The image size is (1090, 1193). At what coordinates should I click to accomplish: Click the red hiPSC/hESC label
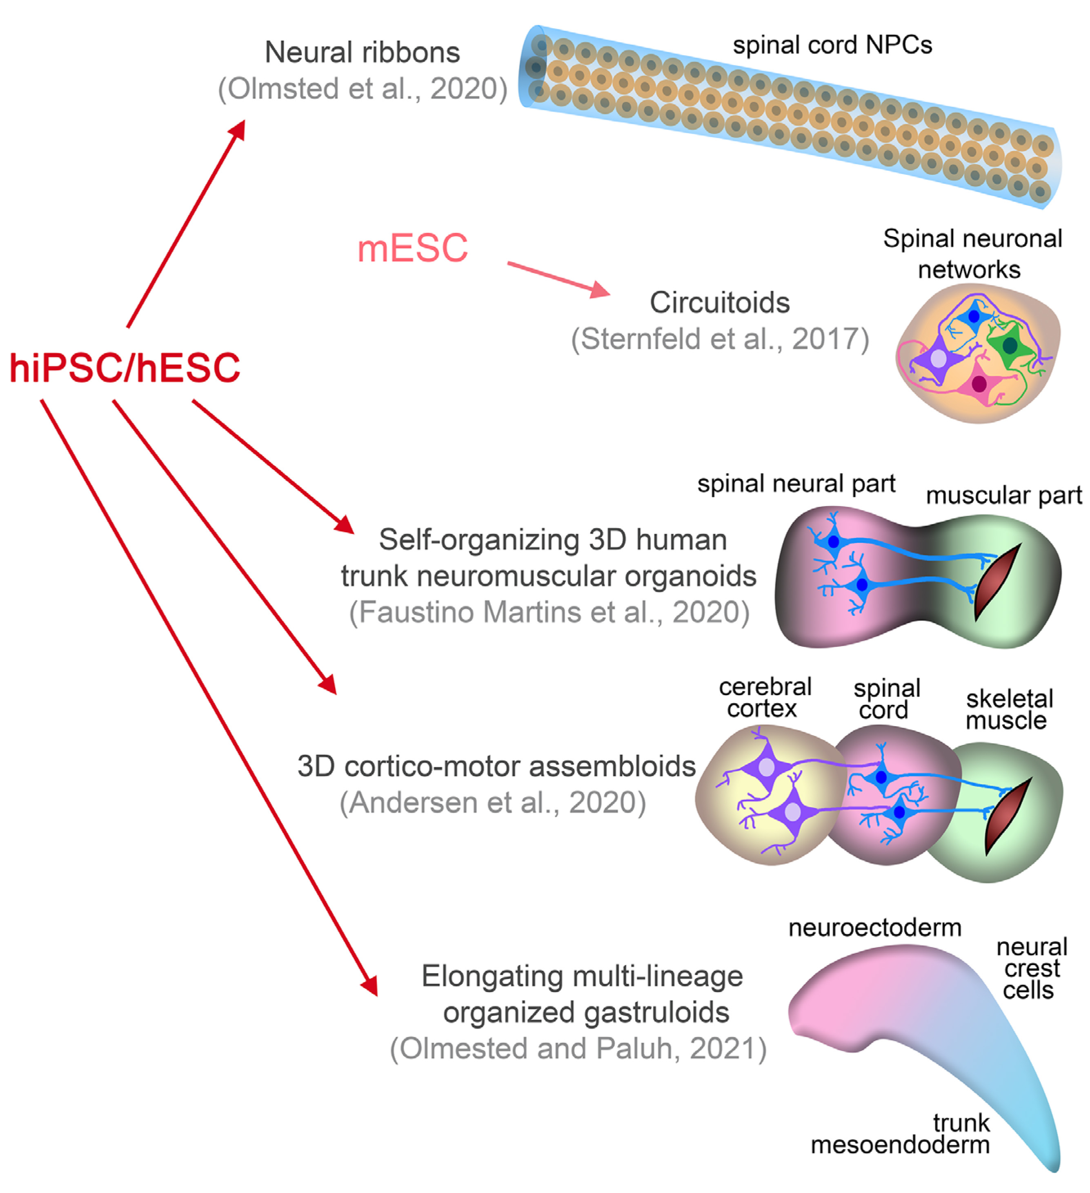click(125, 368)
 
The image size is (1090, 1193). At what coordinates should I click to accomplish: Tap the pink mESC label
click(412, 249)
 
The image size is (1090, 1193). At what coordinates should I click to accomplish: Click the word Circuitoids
click(719, 303)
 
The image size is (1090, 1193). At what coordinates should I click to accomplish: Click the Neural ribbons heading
click(362, 53)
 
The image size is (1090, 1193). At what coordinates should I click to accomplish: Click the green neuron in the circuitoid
click(1009, 346)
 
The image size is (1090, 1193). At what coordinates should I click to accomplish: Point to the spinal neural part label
click(796, 484)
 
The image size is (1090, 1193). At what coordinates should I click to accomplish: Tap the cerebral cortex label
click(764, 698)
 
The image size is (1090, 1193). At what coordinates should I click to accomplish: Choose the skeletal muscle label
click(1009, 709)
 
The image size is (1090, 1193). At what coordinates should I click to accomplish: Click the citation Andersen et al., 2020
click(493, 803)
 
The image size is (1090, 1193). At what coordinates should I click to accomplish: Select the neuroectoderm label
click(874, 927)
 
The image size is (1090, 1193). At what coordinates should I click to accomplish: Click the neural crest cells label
click(1031, 969)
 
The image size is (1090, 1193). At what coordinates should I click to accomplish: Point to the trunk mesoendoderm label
click(900, 1134)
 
